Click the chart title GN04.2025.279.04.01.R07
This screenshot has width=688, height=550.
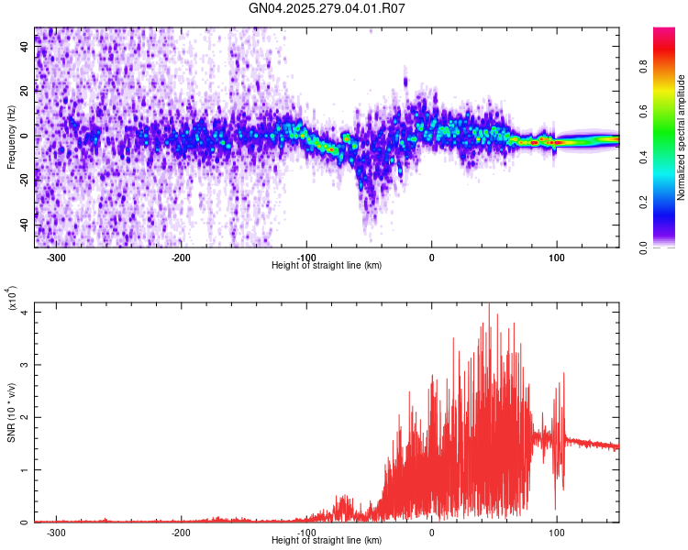[327, 8]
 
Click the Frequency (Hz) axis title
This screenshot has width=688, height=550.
[11, 137]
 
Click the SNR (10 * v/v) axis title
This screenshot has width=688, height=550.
[11, 412]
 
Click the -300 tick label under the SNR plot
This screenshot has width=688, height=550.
[56, 532]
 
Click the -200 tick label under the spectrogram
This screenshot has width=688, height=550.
[181, 257]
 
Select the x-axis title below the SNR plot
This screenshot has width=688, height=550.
[327, 541]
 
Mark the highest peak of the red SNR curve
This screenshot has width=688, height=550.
[489, 304]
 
